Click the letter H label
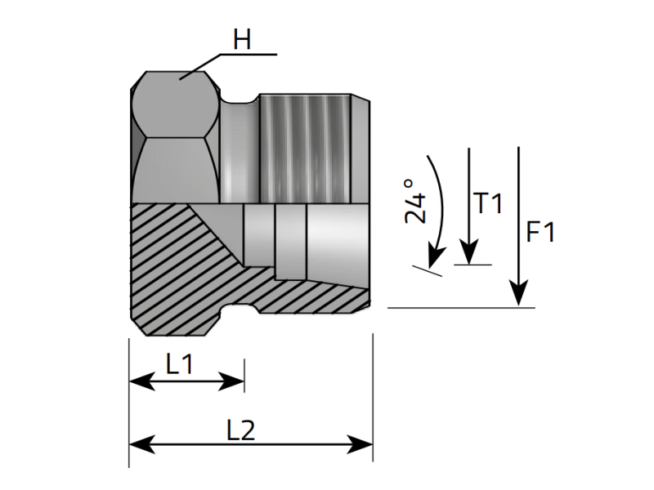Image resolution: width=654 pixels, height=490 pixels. coord(242,40)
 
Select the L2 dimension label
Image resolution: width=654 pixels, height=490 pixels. coord(242,430)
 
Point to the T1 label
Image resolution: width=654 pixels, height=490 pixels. coord(489,203)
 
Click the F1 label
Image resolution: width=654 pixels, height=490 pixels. coord(540,233)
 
